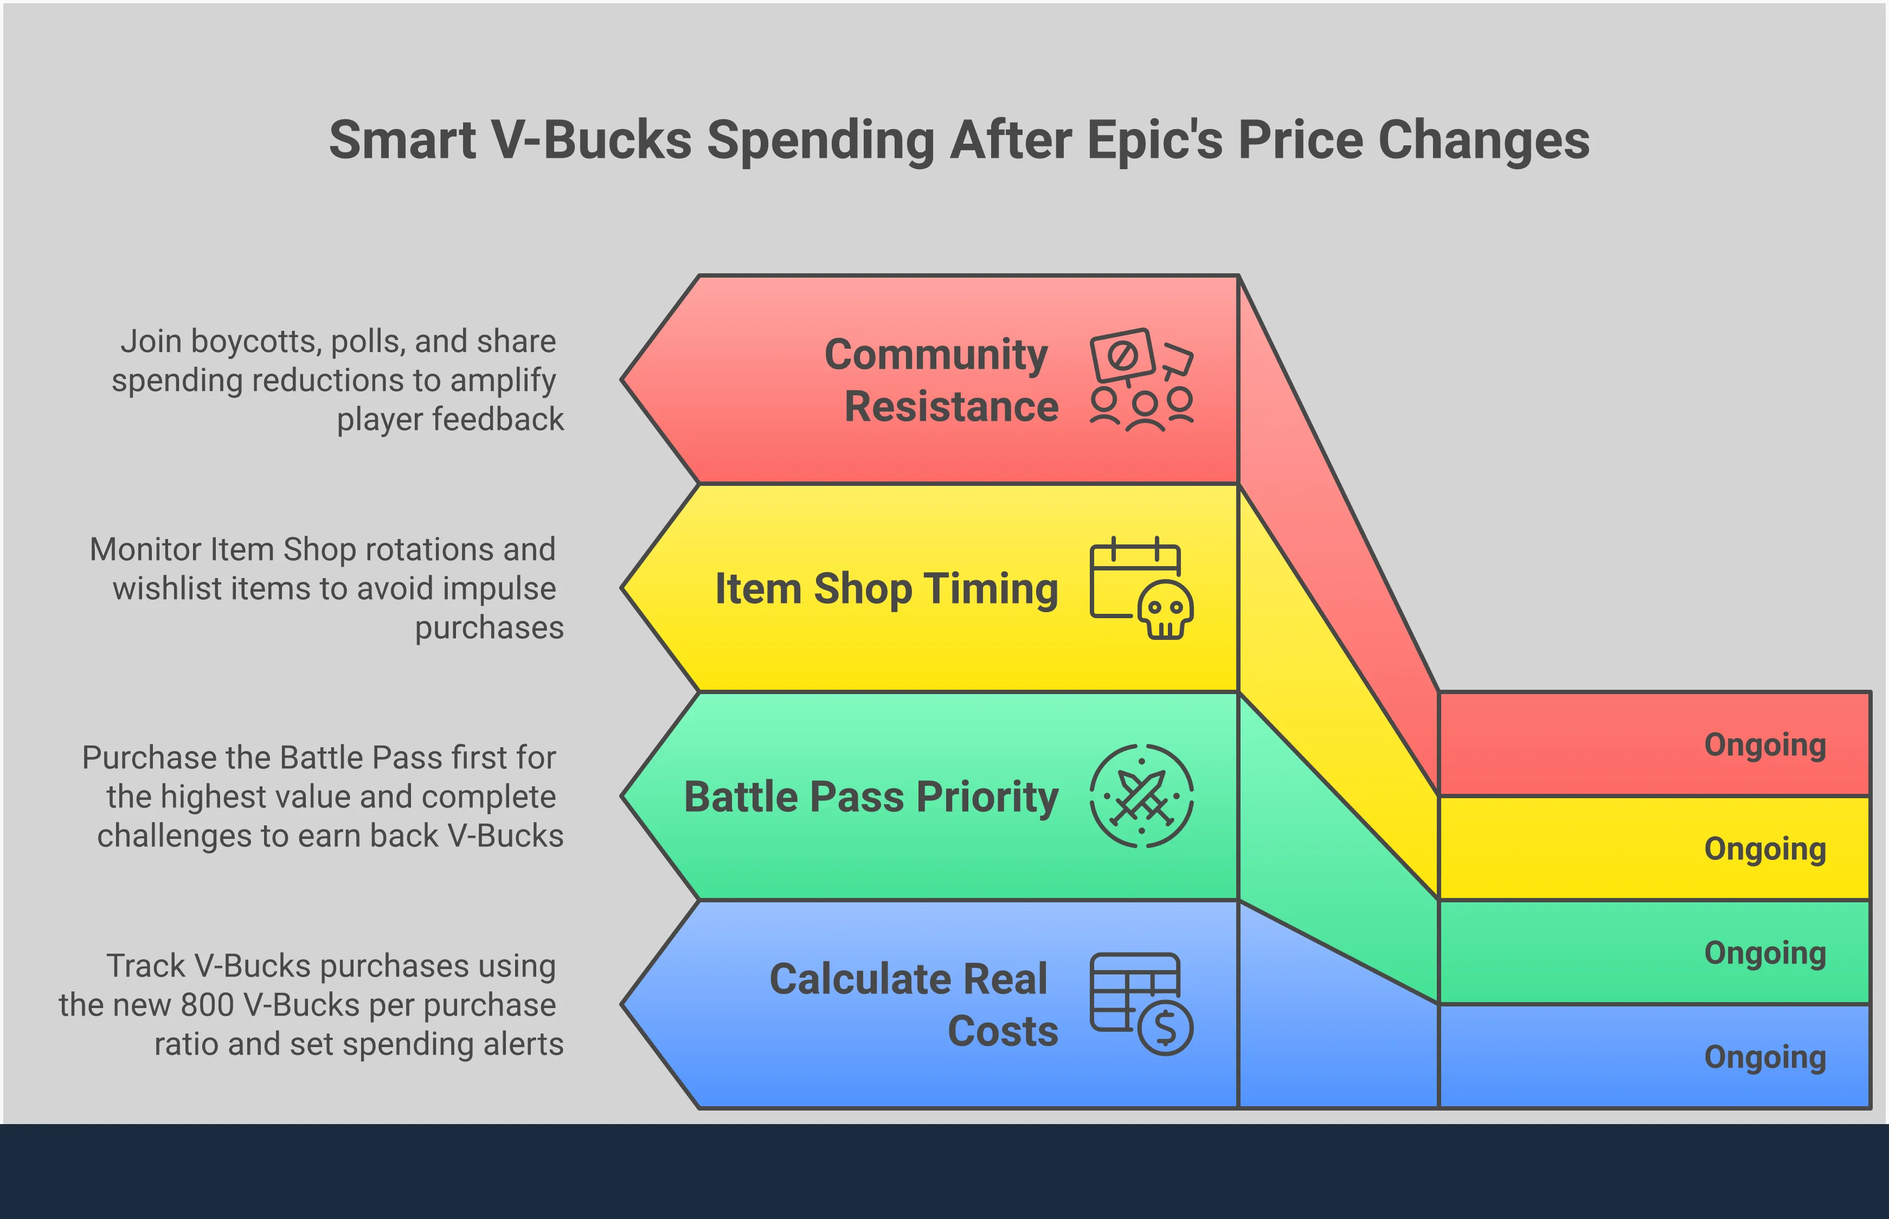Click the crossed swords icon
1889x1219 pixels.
[1141, 795]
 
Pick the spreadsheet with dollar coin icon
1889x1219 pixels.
[1141, 1004]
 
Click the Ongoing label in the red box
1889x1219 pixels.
[1765, 746]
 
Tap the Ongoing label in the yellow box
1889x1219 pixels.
[1765, 849]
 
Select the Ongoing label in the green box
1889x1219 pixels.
[1765, 954]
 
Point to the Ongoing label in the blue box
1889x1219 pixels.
[1765, 1057]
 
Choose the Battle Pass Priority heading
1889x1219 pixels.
[871, 798]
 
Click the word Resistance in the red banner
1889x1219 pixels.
[951, 407]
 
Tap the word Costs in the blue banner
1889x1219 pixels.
[1003, 1031]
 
